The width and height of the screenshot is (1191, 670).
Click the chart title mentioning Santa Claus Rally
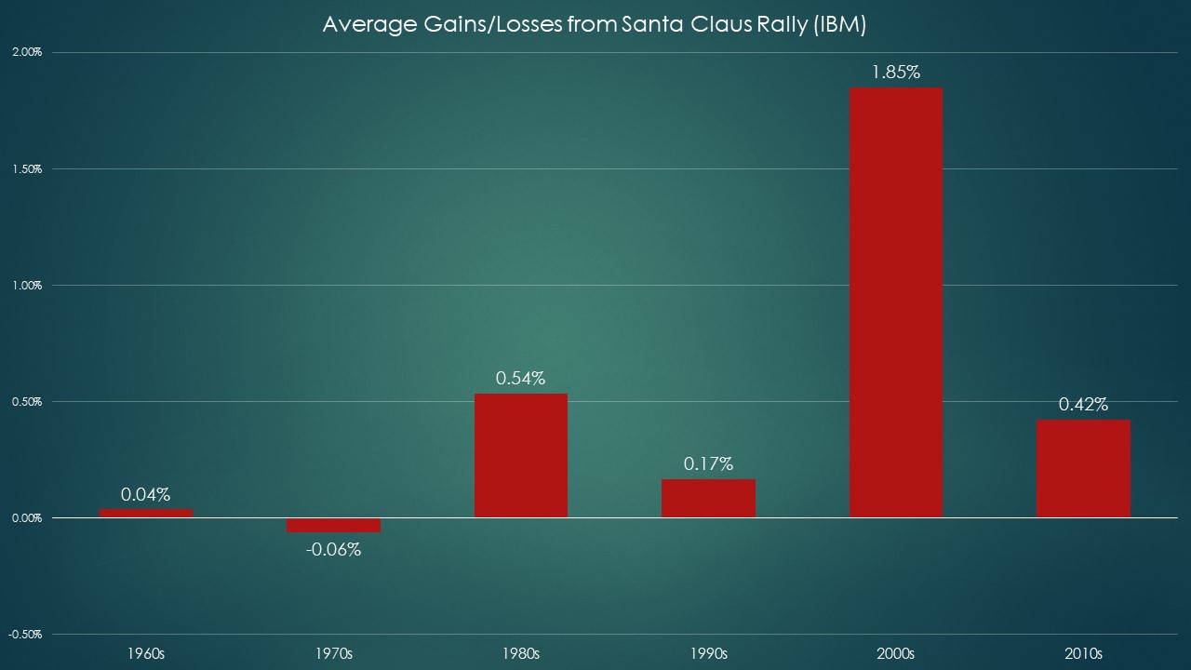594,25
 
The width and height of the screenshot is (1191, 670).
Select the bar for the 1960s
146,513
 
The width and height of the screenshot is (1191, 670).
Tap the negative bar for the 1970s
333,525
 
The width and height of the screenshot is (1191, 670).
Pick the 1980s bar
521,456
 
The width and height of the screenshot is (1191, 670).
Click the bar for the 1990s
708,498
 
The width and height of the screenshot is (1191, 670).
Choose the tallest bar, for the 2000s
896,302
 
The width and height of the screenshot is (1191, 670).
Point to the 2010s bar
1083,468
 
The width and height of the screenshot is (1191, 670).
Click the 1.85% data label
896,72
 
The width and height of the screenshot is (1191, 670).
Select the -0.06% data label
333,549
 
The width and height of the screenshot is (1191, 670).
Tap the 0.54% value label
521,378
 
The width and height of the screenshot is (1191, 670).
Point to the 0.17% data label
708,463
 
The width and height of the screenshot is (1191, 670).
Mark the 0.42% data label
1083,404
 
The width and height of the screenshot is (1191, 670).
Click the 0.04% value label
146,494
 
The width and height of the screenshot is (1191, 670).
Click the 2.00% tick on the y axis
27,52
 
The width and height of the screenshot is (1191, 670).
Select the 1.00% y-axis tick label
27,286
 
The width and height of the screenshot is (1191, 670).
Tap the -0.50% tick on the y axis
25,635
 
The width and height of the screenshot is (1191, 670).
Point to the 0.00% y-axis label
27,518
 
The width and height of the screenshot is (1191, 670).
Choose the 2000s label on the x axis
896,653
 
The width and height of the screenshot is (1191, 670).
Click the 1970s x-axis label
333,653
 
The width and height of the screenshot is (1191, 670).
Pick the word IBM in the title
838,25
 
